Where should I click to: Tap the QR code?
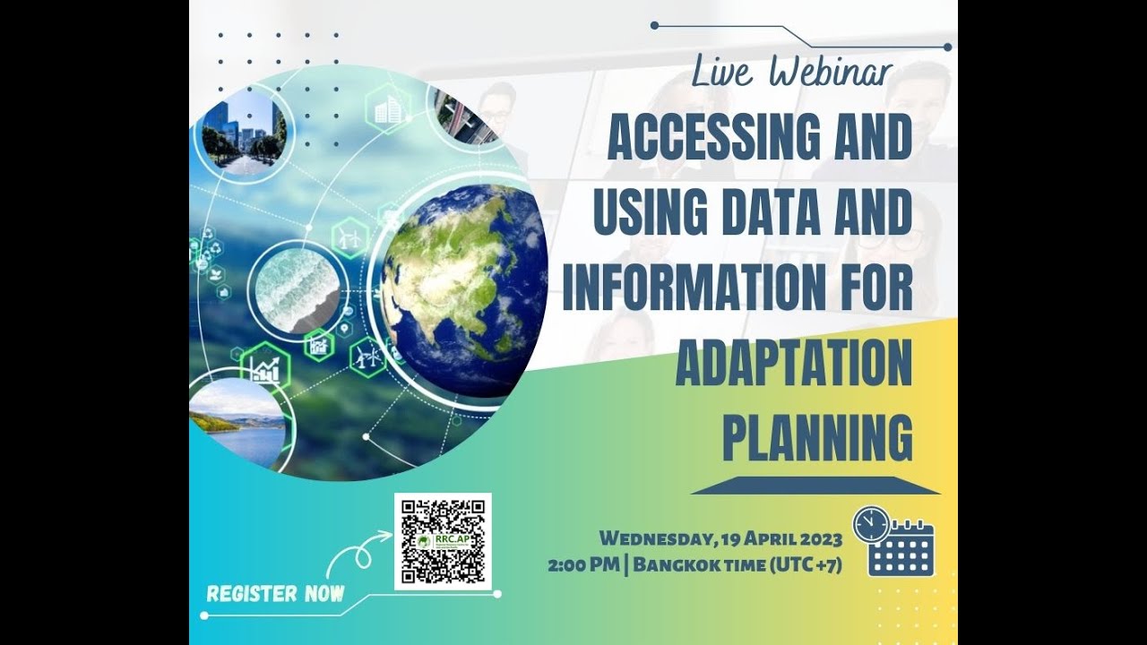443,541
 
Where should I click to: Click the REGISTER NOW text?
275,594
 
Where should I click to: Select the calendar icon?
902,548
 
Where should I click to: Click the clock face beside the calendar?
871,524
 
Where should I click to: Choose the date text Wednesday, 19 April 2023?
720,538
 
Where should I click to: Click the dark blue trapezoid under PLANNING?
815,486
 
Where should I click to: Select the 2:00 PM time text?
579,565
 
